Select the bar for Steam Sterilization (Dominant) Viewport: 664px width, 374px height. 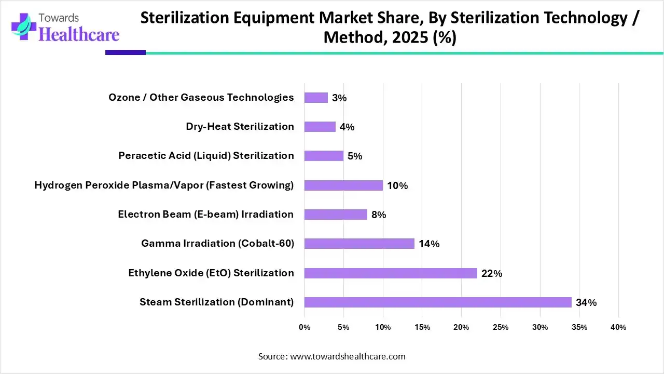(437, 302)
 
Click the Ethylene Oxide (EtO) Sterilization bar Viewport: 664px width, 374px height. (390, 273)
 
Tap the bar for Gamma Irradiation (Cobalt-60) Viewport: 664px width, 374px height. (359, 244)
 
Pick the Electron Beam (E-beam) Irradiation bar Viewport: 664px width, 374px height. (335, 215)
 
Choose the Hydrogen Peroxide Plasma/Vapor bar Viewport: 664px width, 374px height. (343, 185)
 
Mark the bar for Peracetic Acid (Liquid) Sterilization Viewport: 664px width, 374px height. (323, 156)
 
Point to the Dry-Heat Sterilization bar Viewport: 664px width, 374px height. (320, 127)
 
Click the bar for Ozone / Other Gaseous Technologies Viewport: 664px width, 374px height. (315, 98)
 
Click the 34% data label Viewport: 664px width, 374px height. (586, 303)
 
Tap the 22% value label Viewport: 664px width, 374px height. (491, 274)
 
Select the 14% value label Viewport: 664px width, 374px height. (429, 244)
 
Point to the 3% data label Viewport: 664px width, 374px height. (339, 98)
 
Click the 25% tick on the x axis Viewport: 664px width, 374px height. (501, 327)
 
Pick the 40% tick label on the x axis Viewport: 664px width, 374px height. (618, 327)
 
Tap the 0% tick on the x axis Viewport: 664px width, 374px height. (305, 327)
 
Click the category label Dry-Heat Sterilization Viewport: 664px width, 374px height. (240, 127)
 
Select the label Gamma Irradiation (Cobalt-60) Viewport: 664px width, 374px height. (217, 244)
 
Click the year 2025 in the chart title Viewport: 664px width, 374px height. (404, 38)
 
